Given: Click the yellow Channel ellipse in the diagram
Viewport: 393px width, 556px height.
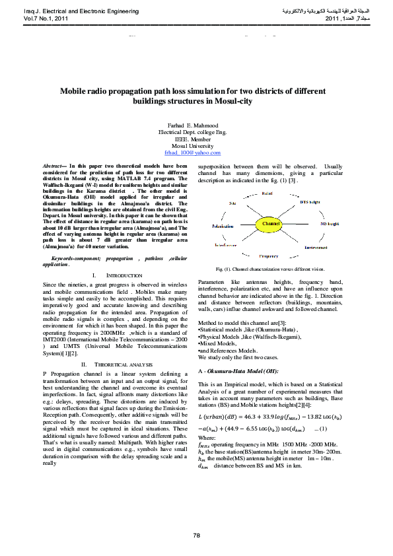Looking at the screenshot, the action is coord(271,225).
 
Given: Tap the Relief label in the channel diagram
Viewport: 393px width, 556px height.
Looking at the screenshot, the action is coord(268,193).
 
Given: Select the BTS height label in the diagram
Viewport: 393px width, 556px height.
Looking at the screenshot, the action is coord(310,202).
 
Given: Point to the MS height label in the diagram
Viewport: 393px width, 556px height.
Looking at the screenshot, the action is coord(329,225).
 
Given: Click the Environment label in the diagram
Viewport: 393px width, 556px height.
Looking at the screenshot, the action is coord(316,248).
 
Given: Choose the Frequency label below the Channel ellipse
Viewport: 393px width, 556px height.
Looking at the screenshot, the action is coord(268,256).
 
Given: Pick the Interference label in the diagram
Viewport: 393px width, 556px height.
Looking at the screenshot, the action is coord(225,245).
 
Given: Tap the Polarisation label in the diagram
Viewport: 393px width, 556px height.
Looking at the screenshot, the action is coord(223,226).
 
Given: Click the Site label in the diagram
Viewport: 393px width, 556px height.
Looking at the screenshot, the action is coord(232,203).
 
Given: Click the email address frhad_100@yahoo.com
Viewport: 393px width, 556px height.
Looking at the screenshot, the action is coord(196,152).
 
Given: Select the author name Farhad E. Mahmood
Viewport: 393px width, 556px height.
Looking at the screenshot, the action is coord(196,125).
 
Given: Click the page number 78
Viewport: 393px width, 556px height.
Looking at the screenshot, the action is coord(196,534).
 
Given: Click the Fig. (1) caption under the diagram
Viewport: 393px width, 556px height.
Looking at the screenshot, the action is coord(270,269).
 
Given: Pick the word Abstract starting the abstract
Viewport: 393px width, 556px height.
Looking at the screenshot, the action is coord(54,167).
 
